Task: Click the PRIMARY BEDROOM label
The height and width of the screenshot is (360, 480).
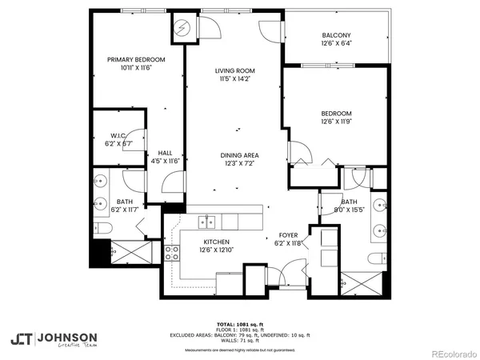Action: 136,60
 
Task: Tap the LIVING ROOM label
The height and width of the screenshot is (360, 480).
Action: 234,71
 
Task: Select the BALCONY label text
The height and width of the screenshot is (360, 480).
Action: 336,36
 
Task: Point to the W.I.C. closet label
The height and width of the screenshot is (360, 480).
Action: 117,135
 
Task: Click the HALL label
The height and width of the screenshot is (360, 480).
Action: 165,153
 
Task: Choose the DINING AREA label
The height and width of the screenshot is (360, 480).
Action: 240,155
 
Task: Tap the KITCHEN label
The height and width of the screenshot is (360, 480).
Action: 216,242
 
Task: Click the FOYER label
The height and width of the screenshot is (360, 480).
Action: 288,235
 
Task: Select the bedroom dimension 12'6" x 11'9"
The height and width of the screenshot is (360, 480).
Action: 336,122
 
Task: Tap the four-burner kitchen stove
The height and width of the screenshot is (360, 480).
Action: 172,254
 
